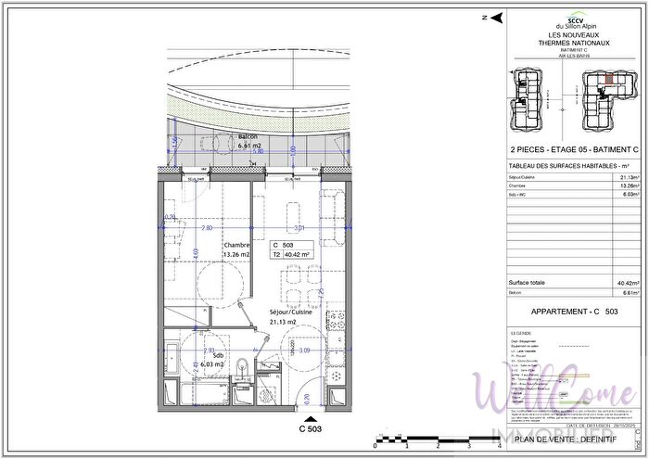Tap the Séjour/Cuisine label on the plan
coord(290,313)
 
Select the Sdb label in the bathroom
coord(217,355)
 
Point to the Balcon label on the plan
coord(248,136)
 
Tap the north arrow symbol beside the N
coord(497,17)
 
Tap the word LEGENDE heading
coord(523,332)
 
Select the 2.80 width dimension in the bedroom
coord(207,227)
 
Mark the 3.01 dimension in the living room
coord(299,227)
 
